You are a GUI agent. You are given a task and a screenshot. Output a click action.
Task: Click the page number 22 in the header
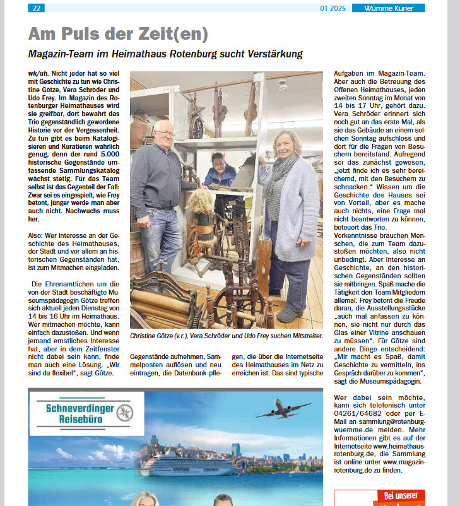[x=37, y=8]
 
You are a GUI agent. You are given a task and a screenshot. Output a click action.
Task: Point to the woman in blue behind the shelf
[x=218, y=170]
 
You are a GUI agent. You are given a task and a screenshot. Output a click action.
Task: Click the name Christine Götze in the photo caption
[x=151, y=337]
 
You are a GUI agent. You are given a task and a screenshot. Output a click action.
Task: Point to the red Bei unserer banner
[x=379, y=497]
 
